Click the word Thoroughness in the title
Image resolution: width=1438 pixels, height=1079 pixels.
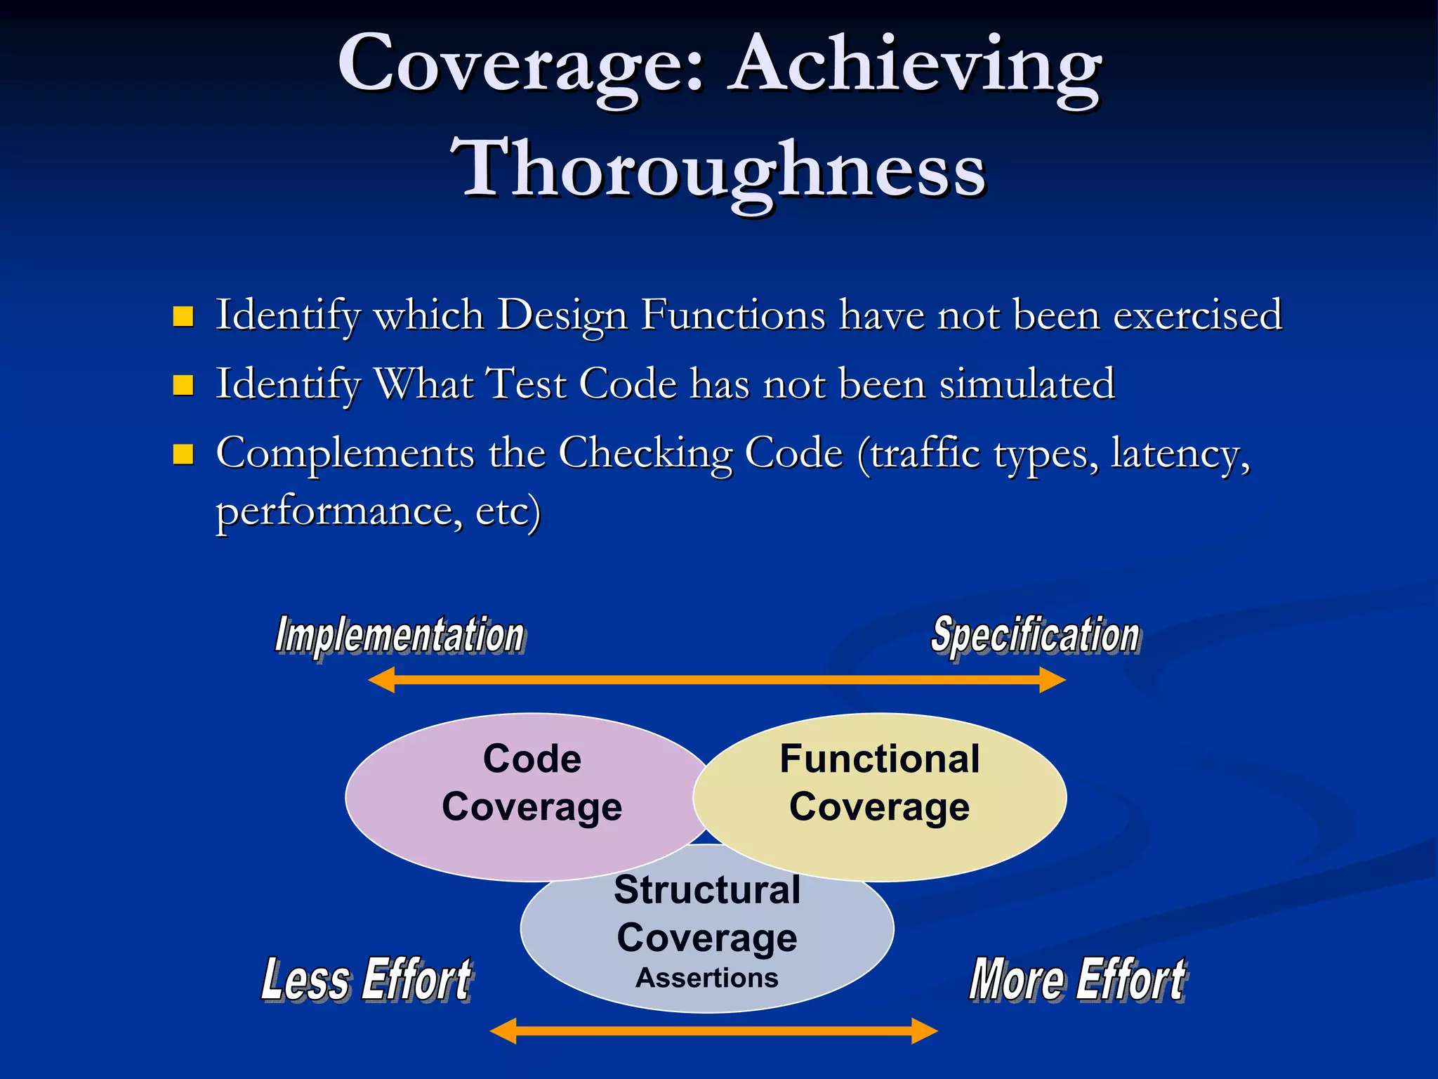(x=719, y=169)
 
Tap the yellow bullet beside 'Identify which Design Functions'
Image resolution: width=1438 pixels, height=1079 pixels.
(x=183, y=317)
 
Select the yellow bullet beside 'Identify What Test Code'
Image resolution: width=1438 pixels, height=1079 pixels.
(x=183, y=385)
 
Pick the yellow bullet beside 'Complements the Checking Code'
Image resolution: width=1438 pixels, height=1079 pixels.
(x=183, y=454)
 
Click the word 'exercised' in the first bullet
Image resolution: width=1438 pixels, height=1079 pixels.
(x=1198, y=315)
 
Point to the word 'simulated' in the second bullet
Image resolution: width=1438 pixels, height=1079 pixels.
(x=1027, y=384)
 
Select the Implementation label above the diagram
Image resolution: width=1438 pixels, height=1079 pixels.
(x=400, y=635)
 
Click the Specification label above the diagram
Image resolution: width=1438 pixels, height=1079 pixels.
(x=1035, y=635)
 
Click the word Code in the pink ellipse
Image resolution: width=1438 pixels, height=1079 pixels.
(x=532, y=759)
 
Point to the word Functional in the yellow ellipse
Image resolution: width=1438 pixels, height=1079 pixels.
(x=879, y=759)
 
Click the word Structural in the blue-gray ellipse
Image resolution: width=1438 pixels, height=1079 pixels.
(x=707, y=890)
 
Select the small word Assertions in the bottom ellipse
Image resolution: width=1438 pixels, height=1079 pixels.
(x=707, y=978)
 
